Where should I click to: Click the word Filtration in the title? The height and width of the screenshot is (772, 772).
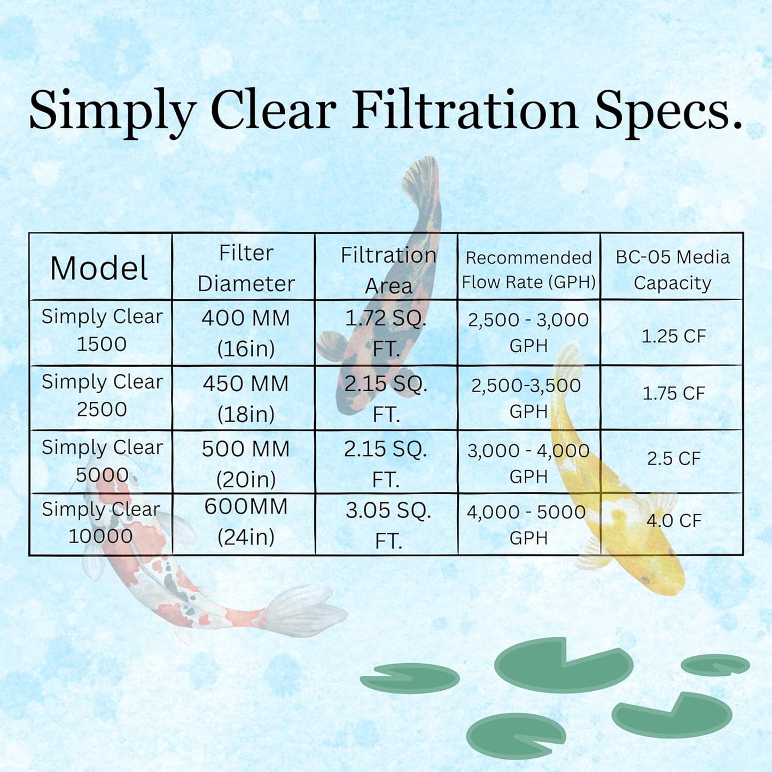coord(465,111)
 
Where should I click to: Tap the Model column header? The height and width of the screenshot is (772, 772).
coord(99,268)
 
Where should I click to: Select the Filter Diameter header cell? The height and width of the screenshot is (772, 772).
coord(246,268)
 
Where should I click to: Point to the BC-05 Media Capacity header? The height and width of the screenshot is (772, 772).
coord(672,270)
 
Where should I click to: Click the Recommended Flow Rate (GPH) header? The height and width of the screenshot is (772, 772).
coord(528,270)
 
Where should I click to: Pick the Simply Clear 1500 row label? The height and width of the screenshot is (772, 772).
coord(102,330)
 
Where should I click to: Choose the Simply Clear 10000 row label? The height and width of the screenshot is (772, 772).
coord(101,523)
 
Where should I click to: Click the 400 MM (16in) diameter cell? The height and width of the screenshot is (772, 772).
coord(246,333)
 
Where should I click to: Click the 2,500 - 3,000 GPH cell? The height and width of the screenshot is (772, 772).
coord(528,332)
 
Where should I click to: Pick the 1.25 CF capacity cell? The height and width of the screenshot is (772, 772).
coord(674,336)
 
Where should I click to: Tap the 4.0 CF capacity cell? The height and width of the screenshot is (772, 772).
coord(674,520)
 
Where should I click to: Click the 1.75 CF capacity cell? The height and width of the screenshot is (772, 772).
coord(674,393)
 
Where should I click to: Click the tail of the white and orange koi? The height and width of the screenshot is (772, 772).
coord(299,612)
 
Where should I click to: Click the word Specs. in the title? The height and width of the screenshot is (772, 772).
coord(668,111)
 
